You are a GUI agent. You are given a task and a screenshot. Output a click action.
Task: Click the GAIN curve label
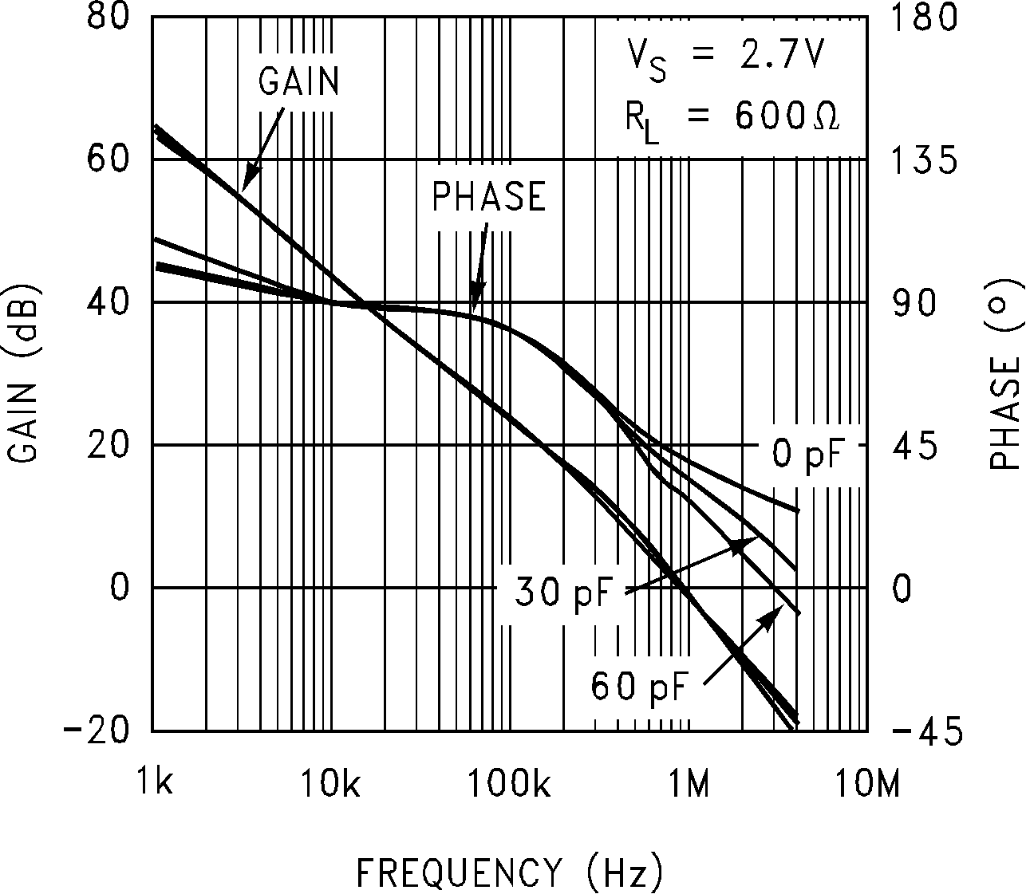coord(299,81)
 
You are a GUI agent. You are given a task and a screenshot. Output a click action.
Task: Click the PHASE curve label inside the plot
coord(488,197)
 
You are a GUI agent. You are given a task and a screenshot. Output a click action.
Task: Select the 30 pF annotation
coord(555,592)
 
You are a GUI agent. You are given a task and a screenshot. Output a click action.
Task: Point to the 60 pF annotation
coord(638,686)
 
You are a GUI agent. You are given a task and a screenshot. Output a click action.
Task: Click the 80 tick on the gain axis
coord(107,17)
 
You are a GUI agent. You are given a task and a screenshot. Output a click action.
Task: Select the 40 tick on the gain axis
coord(107,302)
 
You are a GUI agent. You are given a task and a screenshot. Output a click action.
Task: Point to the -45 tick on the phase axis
coord(925,731)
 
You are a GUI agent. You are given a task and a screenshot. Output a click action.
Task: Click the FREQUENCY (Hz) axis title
coord(509,872)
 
